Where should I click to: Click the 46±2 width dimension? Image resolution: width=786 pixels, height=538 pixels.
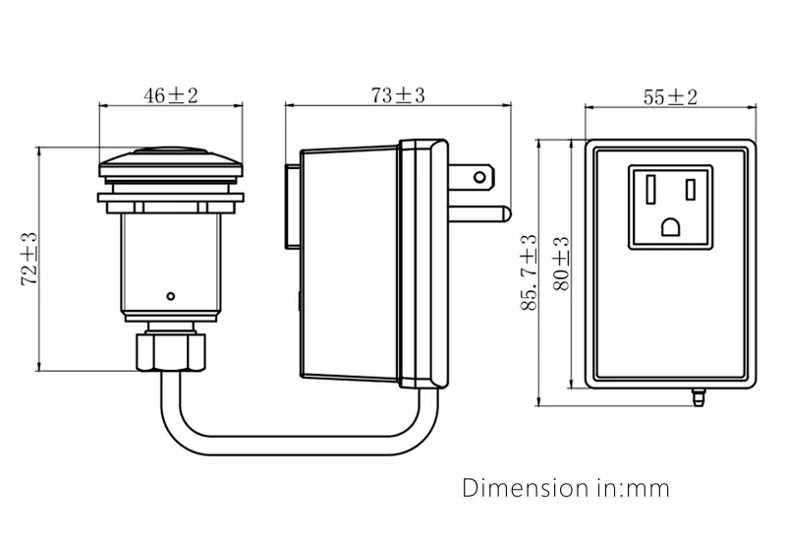[171, 95]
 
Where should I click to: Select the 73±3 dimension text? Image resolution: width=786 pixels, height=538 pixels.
[397, 95]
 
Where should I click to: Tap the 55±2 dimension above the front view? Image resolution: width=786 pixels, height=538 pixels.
[669, 96]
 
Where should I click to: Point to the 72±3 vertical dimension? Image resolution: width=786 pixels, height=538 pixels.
[28, 259]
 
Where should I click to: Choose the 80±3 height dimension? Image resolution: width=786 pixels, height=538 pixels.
[561, 263]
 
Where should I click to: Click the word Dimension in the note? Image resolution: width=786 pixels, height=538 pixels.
[519, 488]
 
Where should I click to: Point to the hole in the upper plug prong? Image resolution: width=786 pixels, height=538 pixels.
[479, 178]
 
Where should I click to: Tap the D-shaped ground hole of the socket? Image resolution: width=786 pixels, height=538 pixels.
[671, 227]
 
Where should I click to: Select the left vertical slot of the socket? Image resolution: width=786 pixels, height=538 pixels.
[649, 186]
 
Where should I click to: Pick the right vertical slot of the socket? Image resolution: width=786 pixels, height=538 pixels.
[692, 186]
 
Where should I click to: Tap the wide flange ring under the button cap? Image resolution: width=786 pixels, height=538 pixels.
[171, 200]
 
